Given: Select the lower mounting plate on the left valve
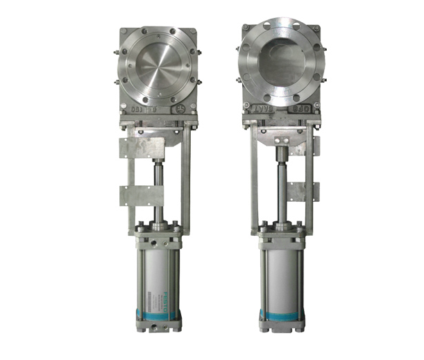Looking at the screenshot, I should tap(142, 195).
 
